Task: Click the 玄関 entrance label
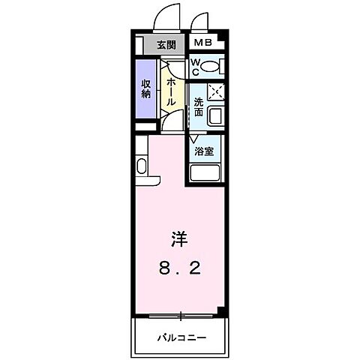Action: point(166,43)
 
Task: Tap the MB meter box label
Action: point(202,43)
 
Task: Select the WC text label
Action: point(194,67)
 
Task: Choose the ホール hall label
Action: point(172,91)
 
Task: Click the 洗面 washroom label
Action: point(198,107)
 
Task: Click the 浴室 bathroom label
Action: point(203,151)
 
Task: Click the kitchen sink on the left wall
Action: point(141,166)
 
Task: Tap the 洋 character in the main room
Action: point(179,239)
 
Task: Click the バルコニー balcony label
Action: point(181,336)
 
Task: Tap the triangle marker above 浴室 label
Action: point(193,138)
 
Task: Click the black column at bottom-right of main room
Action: point(218,309)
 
